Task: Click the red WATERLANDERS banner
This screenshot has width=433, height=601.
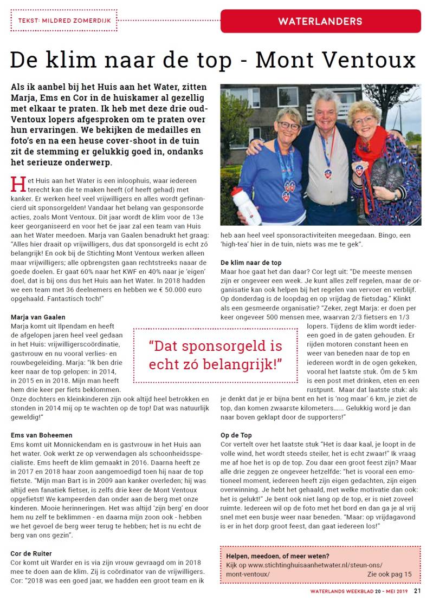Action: tap(320, 22)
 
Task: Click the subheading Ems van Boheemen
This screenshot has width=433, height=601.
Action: tap(41, 435)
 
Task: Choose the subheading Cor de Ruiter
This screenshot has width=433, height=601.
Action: tap(31, 553)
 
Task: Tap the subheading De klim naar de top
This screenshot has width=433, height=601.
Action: tap(251, 262)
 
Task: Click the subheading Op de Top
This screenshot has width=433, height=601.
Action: tap(236, 435)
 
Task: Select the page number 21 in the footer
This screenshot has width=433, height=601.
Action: tap(417, 591)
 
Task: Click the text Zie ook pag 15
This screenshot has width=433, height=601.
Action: tap(390, 574)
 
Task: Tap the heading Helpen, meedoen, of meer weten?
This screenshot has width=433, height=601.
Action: tap(277, 556)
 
